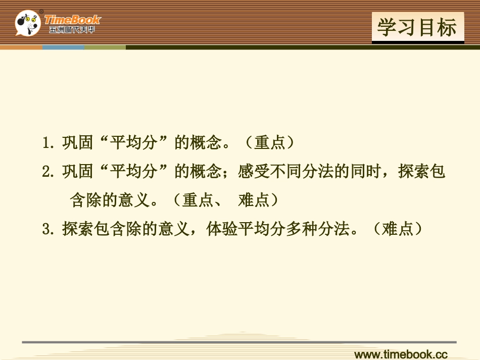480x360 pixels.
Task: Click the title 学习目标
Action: click(417, 27)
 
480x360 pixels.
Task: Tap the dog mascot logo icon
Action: click(27, 23)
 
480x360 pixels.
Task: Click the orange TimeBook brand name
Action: click(72, 20)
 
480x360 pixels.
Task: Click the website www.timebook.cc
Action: click(401, 354)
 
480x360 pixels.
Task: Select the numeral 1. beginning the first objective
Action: click(49, 143)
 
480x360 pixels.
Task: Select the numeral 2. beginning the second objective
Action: click(49, 172)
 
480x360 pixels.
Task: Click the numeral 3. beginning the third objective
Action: click(49, 230)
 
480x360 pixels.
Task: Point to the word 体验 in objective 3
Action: click(222, 230)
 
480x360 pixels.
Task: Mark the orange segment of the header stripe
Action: click(21, 47)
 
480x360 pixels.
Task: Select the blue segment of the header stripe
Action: click(63, 47)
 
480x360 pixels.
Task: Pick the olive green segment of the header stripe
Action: click(105, 47)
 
